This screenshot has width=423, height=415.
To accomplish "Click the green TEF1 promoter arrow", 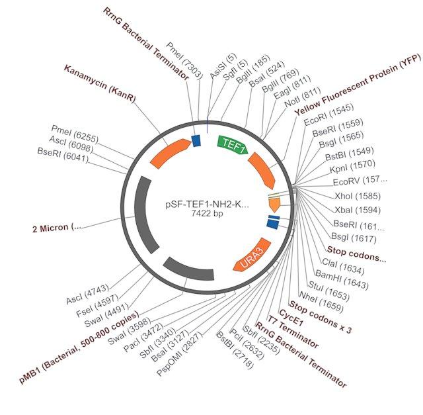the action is coord(232,145).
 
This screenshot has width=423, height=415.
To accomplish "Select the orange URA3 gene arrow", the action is coord(252,255).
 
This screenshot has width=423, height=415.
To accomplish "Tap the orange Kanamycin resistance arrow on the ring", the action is coord(169,153).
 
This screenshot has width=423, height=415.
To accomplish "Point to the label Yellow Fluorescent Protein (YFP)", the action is coord(358,85).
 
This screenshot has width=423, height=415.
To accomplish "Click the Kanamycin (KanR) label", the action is coord(100,83).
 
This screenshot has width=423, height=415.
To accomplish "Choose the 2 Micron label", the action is coord(57,228).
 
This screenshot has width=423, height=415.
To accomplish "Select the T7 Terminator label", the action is coord(293,332).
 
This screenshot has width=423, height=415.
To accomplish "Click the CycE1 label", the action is coord(291,318).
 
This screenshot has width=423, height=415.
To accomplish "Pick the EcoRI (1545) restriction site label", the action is coord(328,115).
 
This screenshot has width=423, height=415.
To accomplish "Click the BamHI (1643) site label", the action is coord(342,280).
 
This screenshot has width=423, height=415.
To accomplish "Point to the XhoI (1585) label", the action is coord(358,196).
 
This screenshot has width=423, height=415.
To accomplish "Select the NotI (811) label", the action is coord(302,97).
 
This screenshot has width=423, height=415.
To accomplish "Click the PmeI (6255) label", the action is coord(75,134).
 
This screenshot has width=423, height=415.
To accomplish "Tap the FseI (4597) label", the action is coord(97,306).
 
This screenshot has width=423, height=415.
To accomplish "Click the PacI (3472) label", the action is coord(143,338).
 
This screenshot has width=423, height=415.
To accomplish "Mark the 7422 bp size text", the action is coord(207,213).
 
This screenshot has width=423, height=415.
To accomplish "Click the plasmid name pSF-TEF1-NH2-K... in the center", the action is coord(207,205).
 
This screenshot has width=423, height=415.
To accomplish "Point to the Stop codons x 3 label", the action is coord(321,316).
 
